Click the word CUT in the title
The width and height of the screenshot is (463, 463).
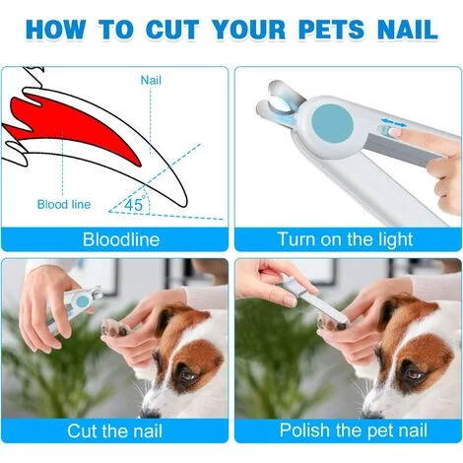click(172, 30)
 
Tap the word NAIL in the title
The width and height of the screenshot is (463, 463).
click(408, 30)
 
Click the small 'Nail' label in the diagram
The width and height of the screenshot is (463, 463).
click(151, 80)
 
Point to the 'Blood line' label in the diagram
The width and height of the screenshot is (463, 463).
click(64, 204)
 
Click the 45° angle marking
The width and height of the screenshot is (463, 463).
click(135, 204)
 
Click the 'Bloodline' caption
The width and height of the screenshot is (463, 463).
click(121, 239)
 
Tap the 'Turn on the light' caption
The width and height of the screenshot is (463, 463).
click(345, 239)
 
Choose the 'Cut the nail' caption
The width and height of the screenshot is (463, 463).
click(114, 430)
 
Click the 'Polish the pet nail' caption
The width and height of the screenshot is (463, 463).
click(354, 430)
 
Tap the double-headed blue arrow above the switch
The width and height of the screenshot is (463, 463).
click(394, 123)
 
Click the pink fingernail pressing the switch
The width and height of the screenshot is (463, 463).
click(395, 132)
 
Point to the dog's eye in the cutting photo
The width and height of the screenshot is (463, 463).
click(187, 374)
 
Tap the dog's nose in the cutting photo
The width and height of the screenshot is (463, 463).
click(149, 413)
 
